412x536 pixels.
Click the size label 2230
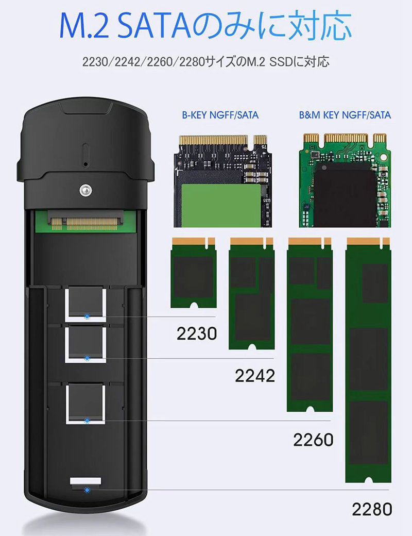[x=197, y=333]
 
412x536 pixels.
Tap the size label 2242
[x=254, y=376]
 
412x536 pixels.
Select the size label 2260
[x=313, y=440]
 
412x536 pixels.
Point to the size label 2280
[x=372, y=509]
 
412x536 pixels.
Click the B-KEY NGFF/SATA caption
[x=220, y=115]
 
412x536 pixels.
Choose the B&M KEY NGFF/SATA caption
[x=345, y=115]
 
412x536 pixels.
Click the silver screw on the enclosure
[x=85, y=190]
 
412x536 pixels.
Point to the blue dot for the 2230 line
[x=86, y=315]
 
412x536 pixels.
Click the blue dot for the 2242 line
[x=86, y=357]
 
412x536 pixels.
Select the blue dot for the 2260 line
[x=86, y=421]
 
